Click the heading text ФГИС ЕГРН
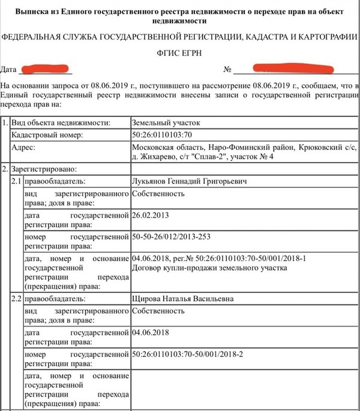point(180,52)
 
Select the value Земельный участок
point(166,122)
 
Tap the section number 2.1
point(17,181)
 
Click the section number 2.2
point(17,299)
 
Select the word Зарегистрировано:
point(42,169)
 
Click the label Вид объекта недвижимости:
point(60,122)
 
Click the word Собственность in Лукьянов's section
point(158,194)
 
